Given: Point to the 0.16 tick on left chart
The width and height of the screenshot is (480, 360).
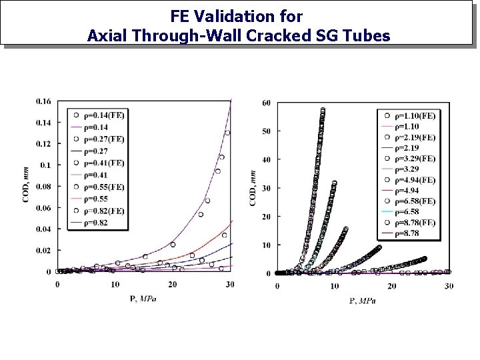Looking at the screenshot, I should click(x=43, y=101).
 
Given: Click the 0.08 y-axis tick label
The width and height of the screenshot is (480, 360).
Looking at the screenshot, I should click(x=43, y=187).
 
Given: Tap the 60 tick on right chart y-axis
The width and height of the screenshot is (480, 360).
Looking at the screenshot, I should click(x=267, y=103).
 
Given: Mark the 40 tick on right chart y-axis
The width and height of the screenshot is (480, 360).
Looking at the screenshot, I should click(x=267, y=160).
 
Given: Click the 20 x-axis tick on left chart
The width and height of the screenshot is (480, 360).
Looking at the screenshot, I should click(x=173, y=285).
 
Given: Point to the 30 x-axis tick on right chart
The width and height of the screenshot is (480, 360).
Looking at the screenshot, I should click(x=448, y=286).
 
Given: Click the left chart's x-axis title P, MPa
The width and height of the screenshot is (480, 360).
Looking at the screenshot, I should click(x=143, y=298).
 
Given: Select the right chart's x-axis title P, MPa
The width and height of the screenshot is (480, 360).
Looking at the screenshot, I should click(x=362, y=301).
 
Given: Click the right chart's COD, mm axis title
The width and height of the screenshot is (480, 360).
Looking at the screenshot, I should click(x=253, y=188).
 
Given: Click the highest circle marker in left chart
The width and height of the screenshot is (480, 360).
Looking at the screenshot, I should click(x=227, y=133).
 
